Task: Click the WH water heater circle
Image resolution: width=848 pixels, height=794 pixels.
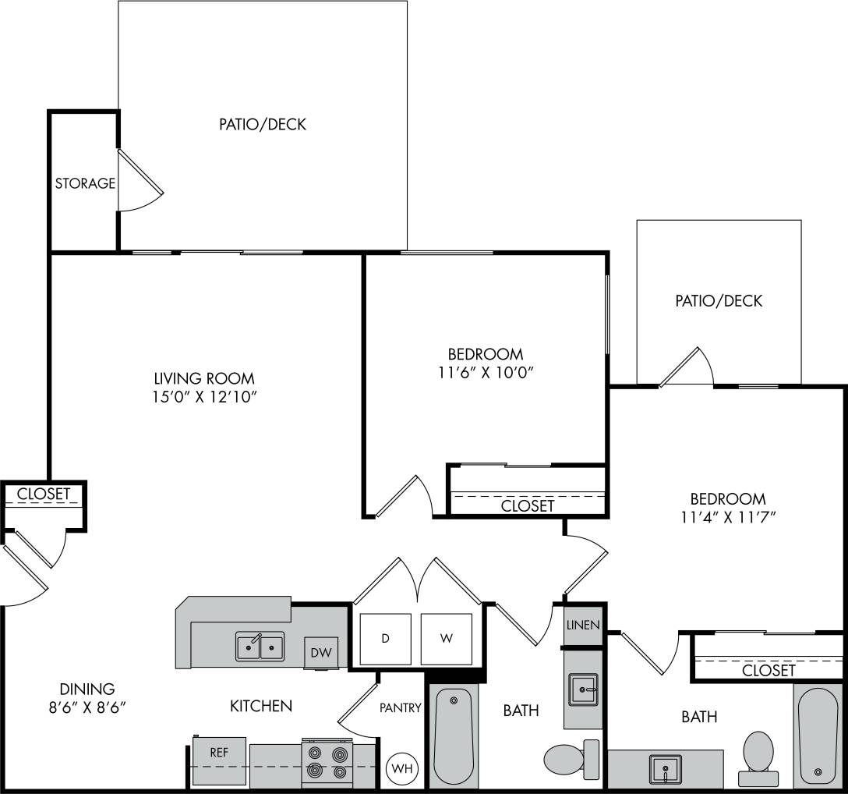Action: (401, 768)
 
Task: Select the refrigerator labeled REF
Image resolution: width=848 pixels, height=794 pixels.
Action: (219, 753)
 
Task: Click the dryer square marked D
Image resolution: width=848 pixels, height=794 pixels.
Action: (385, 639)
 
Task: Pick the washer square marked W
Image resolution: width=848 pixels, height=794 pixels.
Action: (446, 639)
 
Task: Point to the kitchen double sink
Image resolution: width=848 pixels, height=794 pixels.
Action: (260, 647)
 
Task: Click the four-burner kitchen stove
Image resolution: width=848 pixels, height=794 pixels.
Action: (327, 761)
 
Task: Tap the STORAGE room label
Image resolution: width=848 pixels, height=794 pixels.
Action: (85, 184)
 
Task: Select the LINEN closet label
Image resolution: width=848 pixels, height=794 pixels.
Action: (583, 625)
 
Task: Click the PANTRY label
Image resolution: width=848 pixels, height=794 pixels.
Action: (401, 708)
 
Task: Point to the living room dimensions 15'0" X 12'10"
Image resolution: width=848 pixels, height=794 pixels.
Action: (204, 397)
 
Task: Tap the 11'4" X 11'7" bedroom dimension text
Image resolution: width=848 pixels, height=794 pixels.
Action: (727, 516)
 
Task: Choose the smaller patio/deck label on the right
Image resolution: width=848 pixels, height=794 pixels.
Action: (719, 300)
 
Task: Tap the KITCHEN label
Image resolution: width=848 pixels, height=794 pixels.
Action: (261, 706)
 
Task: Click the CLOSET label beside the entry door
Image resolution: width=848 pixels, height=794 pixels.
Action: (44, 494)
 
